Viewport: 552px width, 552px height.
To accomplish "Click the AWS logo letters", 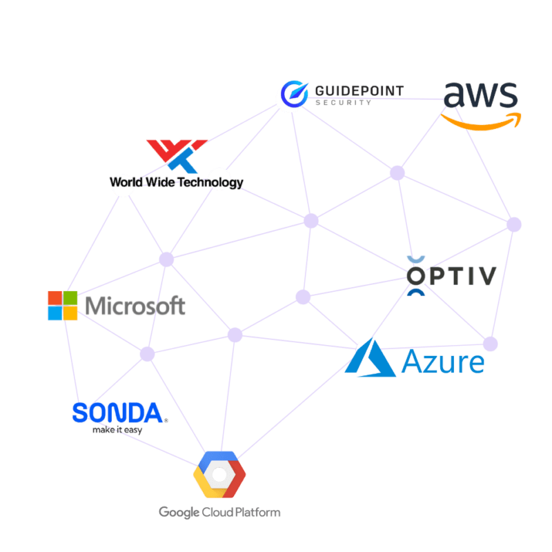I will click(x=480, y=96).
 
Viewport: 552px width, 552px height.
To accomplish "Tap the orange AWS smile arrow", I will click(x=481, y=122).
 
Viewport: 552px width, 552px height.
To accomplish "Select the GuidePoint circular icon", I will click(x=291, y=96).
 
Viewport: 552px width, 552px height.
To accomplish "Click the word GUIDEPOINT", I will click(x=359, y=90).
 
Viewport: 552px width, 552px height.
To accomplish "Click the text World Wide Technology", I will click(x=176, y=183).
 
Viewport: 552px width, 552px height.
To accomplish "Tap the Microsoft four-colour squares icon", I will click(x=63, y=306).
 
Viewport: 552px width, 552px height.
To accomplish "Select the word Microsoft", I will click(x=135, y=306).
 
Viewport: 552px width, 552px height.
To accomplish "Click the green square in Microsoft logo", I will click(x=71, y=297).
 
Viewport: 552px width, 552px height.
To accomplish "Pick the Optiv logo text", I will click(x=452, y=276).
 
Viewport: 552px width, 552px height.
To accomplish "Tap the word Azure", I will click(x=442, y=361).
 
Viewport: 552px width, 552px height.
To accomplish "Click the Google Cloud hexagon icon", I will click(x=218, y=474).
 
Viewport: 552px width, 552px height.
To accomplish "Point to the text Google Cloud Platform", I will click(x=219, y=512).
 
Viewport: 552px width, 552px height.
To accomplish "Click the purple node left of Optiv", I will click(x=303, y=297).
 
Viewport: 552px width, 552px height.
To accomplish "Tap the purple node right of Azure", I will click(x=490, y=343).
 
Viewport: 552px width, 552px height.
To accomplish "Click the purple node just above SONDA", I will click(x=147, y=354).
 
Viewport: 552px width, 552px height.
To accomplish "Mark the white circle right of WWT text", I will click(x=218, y=179).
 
